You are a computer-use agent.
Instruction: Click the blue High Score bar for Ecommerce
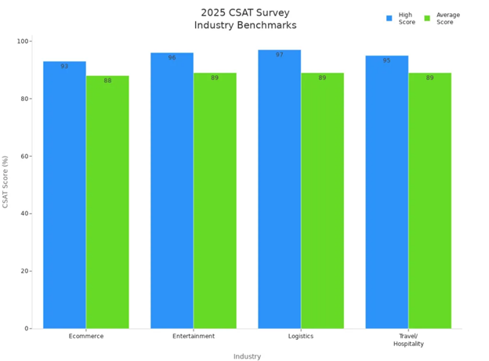64,196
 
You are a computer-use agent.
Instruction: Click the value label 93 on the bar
64,67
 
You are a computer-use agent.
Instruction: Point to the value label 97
279,55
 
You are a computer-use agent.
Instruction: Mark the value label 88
107,81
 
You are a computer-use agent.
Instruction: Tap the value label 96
172,58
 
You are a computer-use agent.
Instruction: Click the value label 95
386,60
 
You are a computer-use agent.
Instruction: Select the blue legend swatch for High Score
389,18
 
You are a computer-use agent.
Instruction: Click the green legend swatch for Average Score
427,18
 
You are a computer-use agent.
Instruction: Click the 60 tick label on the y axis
24,156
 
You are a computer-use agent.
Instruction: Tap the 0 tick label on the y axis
27,329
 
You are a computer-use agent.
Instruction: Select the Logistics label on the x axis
300,336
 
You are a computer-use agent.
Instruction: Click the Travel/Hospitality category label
407,340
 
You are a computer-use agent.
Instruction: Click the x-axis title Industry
247,356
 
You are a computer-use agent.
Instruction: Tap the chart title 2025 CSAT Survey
245,12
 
